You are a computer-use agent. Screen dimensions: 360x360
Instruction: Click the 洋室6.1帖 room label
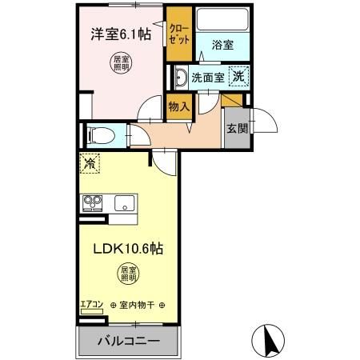click(x=121, y=34)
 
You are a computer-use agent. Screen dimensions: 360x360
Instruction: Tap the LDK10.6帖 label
click(x=128, y=249)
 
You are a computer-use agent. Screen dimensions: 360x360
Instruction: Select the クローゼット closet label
click(x=179, y=34)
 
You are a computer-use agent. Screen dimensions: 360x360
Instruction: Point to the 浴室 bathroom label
click(x=222, y=45)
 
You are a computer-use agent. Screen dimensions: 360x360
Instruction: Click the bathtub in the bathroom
click(x=222, y=19)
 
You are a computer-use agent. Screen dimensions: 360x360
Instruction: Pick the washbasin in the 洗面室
click(x=182, y=78)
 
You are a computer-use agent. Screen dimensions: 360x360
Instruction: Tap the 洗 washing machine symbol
click(x=238, y=76)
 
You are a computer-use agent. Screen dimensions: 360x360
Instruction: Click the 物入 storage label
click(x=179, y=107)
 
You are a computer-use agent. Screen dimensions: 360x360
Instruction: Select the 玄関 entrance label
click(x=237, y=129)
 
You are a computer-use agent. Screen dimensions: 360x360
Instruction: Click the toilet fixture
click(x=101, y=135)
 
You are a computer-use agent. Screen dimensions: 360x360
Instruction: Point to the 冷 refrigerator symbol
click(x=90, y=163)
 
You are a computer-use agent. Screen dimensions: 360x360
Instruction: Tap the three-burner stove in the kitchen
click(x=93, y=203)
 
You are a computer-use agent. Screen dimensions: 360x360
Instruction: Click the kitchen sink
click(x=125, y=203)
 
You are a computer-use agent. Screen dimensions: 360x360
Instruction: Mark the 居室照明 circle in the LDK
click(x=129, y=274)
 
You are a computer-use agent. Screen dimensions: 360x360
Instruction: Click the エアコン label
click(x=92, y=304)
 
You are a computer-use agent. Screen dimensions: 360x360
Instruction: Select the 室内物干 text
click(x=137, y=305)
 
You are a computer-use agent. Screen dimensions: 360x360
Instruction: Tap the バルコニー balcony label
click(x=129, y=341)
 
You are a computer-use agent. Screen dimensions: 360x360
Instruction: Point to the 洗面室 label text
click(x=208, y=78)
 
